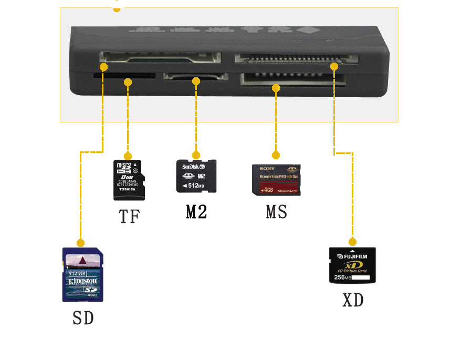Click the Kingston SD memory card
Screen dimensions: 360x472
(83, 274)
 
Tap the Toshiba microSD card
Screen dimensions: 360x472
(129, 180)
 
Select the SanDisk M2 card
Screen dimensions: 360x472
(196, 176)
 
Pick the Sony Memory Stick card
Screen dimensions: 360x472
(276, 180)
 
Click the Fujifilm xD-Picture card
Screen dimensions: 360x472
(352, 265)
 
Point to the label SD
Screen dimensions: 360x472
(83, 317)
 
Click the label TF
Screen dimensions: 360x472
(129, 216)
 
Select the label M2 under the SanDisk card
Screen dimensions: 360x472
(196, 211)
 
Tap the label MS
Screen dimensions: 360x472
(277, 212)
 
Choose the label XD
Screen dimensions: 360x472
(353, 300)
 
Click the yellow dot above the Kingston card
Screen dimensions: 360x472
(80, 243)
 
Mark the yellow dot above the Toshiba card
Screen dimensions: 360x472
(128, 156)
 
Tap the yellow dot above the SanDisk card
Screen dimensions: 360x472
(196, 155)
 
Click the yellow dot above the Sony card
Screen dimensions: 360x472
(276, 155)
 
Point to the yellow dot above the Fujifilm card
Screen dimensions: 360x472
(352, 242)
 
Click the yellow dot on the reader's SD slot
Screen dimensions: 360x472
(104, 67)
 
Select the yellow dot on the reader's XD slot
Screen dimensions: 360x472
(334, 66)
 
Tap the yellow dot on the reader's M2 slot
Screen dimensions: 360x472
(196, 81)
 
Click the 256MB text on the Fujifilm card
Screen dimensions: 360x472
(343, 277)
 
